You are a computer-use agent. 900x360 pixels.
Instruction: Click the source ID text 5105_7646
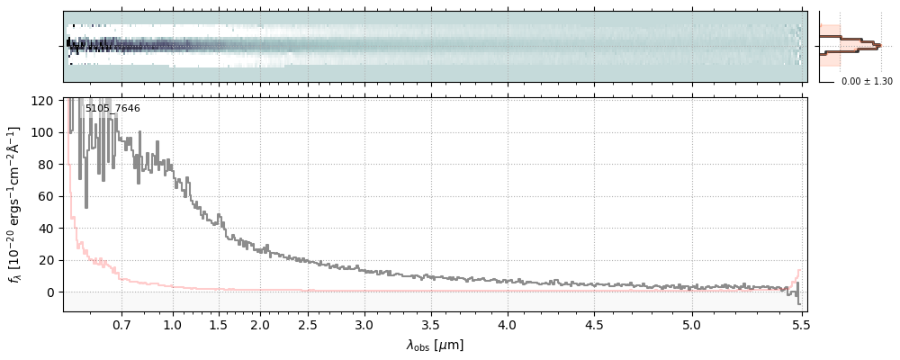112,109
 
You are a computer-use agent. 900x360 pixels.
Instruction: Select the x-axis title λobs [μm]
435,345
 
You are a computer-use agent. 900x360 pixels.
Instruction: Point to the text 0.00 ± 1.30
867,82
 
